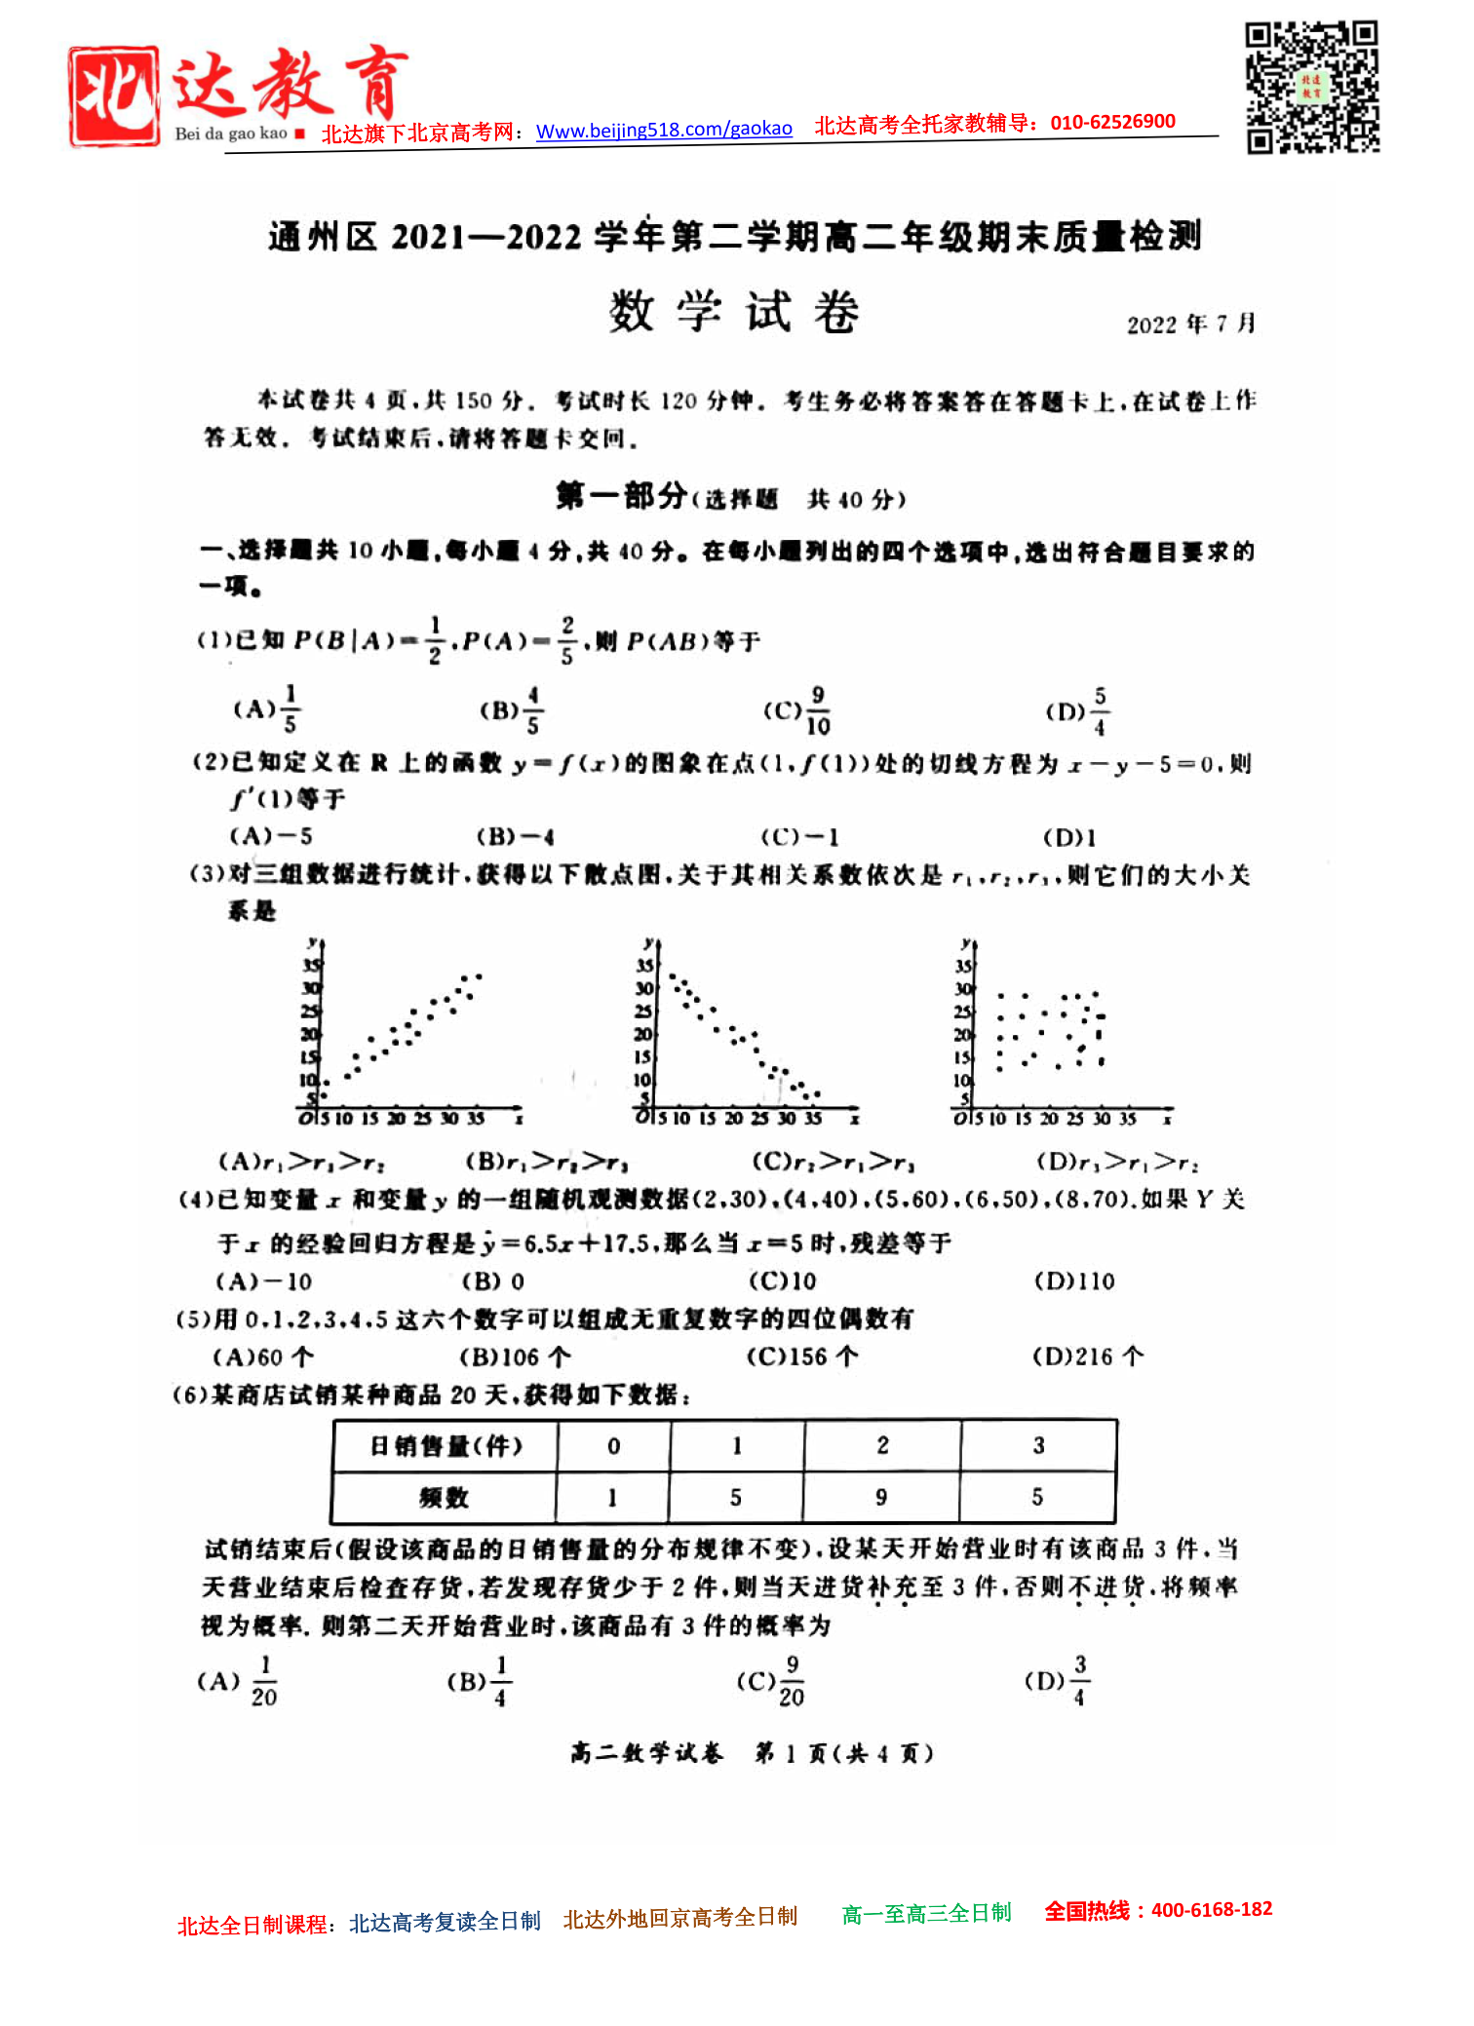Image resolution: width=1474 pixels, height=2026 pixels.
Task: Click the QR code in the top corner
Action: [x=1312, y=87]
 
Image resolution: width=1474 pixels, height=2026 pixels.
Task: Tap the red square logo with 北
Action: [x=114, y=96]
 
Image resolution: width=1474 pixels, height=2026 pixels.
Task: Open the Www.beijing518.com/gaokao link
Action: [x=664, y=129]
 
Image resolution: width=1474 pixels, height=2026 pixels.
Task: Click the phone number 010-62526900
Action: [x=1112, y=122]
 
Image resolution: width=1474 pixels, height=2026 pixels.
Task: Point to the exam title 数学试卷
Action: [x=733, y=312]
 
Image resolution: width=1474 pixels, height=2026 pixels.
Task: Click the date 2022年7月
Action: [x=1190, y=324]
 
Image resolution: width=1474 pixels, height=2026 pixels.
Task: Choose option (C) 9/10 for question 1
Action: [x=797, y=710]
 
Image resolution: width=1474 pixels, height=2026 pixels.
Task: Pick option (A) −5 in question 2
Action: [x=271, y=836]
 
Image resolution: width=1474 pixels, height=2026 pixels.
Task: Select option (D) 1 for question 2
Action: [x=1069, y=837]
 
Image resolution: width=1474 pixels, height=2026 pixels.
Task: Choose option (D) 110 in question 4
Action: [x=1074, y=1281]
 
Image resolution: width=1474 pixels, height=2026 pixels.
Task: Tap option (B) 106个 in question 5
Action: [x=515, y=1357]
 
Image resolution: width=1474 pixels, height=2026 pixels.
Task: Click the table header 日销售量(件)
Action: [x=446, y=1446]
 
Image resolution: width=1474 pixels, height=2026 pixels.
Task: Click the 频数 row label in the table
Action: [x=445, y=1498]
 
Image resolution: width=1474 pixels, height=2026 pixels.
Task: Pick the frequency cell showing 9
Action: [x=881, y=1498]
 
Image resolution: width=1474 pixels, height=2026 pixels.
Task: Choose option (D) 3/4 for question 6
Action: [x=1058, y=1681]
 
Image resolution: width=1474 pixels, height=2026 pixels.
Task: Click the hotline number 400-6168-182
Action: [x=1212, y=1909]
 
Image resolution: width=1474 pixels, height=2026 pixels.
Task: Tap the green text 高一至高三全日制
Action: [x=926, y=1914]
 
